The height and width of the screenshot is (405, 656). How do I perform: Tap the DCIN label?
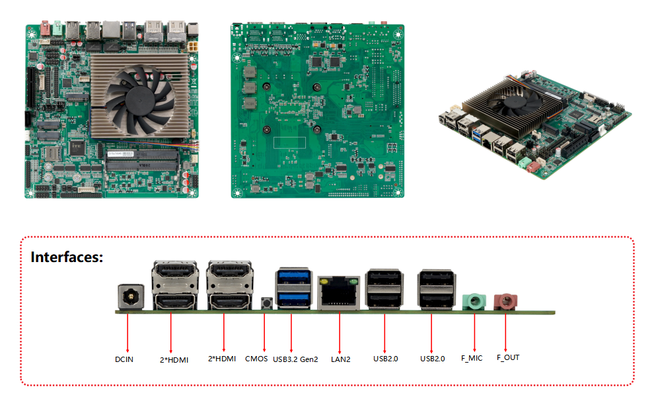124,359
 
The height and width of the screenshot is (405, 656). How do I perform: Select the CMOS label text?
256,359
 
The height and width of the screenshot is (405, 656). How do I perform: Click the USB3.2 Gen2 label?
295,359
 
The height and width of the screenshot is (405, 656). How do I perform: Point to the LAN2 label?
340,359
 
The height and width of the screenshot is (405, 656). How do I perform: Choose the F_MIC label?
472,358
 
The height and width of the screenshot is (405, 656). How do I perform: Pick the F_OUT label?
508,357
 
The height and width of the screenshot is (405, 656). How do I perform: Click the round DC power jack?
131,297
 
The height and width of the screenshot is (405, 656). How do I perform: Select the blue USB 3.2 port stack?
294,289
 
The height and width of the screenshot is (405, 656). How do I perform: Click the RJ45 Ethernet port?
339,293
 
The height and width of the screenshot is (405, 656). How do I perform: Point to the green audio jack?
474,302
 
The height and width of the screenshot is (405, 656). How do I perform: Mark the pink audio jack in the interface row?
505,302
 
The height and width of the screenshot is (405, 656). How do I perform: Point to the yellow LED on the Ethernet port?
324,282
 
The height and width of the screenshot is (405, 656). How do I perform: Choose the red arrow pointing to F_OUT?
505,332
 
